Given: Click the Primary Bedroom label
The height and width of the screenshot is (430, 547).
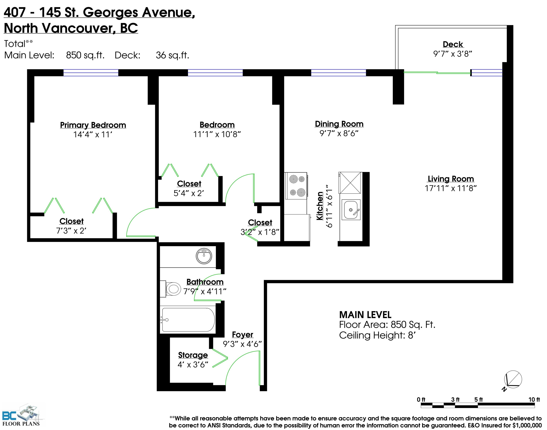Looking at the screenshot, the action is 93,125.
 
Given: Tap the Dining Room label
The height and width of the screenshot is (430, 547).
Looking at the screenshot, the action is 339,124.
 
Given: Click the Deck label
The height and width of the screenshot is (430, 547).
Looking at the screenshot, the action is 453,44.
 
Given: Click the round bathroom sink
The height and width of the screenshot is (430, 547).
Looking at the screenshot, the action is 204,256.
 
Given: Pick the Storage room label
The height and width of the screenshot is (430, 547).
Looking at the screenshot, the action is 193,355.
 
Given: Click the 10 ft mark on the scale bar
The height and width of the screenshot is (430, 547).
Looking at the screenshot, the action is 534,400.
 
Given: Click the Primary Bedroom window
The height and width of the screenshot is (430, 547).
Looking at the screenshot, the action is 91,73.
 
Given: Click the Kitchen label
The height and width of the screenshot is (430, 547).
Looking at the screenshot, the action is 320,206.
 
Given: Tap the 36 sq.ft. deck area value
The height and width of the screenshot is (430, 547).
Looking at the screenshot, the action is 172,55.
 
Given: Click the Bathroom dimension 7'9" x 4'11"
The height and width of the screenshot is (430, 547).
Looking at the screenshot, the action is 205,292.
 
